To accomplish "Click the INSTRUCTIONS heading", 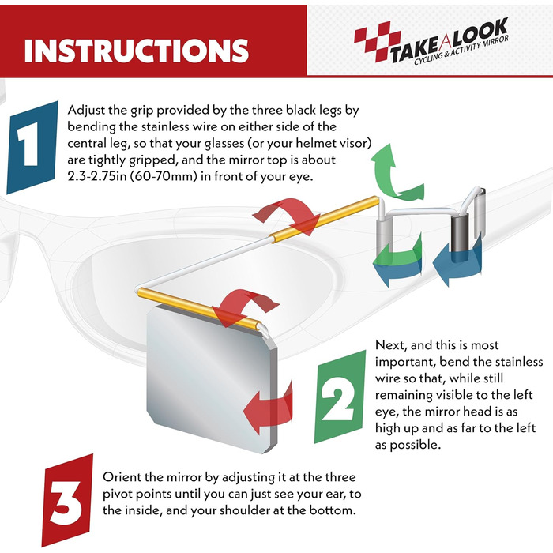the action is pos(137,51).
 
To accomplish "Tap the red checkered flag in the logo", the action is pos(377,40).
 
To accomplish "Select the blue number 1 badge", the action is pos(32,148).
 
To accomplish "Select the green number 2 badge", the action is pos(340,397).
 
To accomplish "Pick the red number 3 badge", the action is pos(67,500).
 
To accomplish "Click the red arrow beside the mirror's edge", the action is pos(268,405).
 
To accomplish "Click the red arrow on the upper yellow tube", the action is pos(286,216).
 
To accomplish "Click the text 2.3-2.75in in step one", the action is pos(96,176).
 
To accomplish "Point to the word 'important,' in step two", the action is pos(405,363).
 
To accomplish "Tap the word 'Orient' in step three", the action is pos(122,477).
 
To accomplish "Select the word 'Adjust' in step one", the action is pos(85,111).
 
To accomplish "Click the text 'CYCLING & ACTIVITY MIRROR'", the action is pos(461,50).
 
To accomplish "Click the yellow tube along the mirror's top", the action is pos(199,308).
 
